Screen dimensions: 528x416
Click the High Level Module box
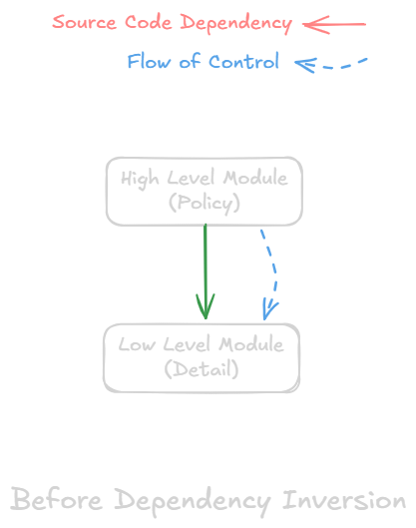click(x=204, y=190)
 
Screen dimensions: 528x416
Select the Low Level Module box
click(x=202, y=356)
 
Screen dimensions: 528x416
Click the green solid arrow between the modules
click(x=206, y=264)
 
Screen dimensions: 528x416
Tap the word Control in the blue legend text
click(x=244, y=62)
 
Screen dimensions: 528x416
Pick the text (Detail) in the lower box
click(x=202, y=369)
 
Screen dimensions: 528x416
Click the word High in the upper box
click(x=140, y=179)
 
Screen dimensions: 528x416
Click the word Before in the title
click(x=57, y=500)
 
